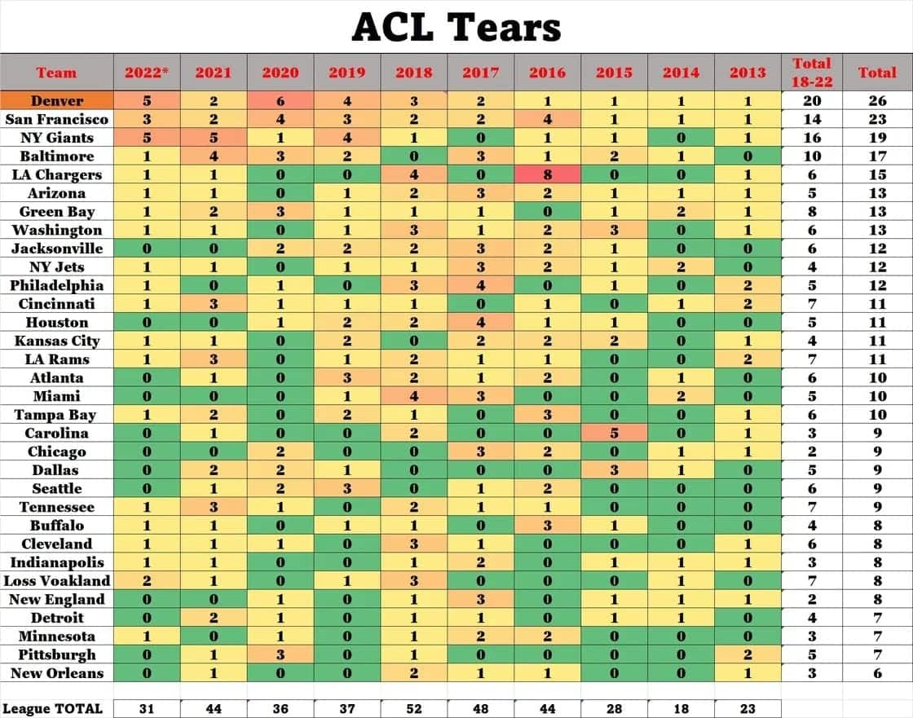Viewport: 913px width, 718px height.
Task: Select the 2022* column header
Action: click(146, 73)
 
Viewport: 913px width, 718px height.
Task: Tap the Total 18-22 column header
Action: click(811, 73)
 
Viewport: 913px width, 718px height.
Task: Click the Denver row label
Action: click(56, 100)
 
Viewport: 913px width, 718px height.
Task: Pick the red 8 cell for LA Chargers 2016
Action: click(547, 174)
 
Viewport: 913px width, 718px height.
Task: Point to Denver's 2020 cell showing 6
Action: click(280, 100)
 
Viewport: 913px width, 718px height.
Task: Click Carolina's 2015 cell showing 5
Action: click(614, 434)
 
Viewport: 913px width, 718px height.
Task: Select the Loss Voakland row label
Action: click(56, 581)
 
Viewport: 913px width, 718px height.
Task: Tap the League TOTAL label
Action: click(54, 708)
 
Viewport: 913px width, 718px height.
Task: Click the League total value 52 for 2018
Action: click(413, 708)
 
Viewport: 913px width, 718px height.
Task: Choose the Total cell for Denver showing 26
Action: click(877, 100)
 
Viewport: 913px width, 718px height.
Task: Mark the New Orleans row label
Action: click(56, 673)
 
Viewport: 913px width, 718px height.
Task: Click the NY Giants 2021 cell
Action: click(213, 138)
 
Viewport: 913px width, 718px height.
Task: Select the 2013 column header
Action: click(748, 73)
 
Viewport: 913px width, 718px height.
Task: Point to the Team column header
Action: click(56, 73)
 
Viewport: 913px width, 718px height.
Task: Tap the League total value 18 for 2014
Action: click(681, 708)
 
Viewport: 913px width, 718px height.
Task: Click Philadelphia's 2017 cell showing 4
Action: click(480, 285)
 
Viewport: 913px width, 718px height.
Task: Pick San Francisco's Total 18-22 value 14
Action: click(811, 119)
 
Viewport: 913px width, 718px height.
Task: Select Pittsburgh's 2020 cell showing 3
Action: click(280, 654)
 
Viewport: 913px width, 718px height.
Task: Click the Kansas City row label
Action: click(56, 341)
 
